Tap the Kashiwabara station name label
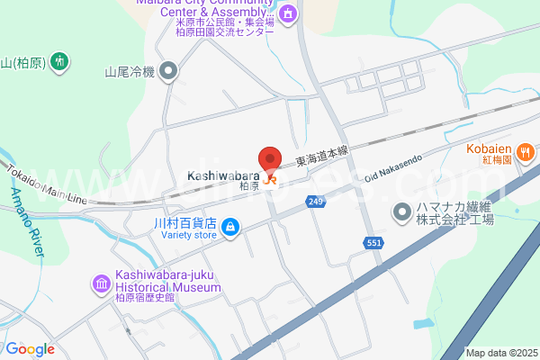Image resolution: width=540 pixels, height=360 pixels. click(224, 175)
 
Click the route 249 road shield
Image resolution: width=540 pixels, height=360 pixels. click(314, 202)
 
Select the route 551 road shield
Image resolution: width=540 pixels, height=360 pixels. click(374, 242)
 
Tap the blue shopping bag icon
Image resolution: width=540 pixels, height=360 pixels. click(230, 226)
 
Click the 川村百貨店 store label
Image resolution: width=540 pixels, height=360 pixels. click(184, 222)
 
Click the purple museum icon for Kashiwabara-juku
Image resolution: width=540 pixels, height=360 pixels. click(100, 285)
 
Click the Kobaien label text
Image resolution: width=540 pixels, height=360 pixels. click(489, 148)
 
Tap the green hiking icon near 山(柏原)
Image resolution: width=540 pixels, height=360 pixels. click(59, 62)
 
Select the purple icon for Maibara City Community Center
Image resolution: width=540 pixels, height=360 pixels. click(287, 14)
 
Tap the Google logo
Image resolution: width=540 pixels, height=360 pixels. click(30, 349)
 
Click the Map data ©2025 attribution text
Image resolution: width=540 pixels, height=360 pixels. click(500, 353)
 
